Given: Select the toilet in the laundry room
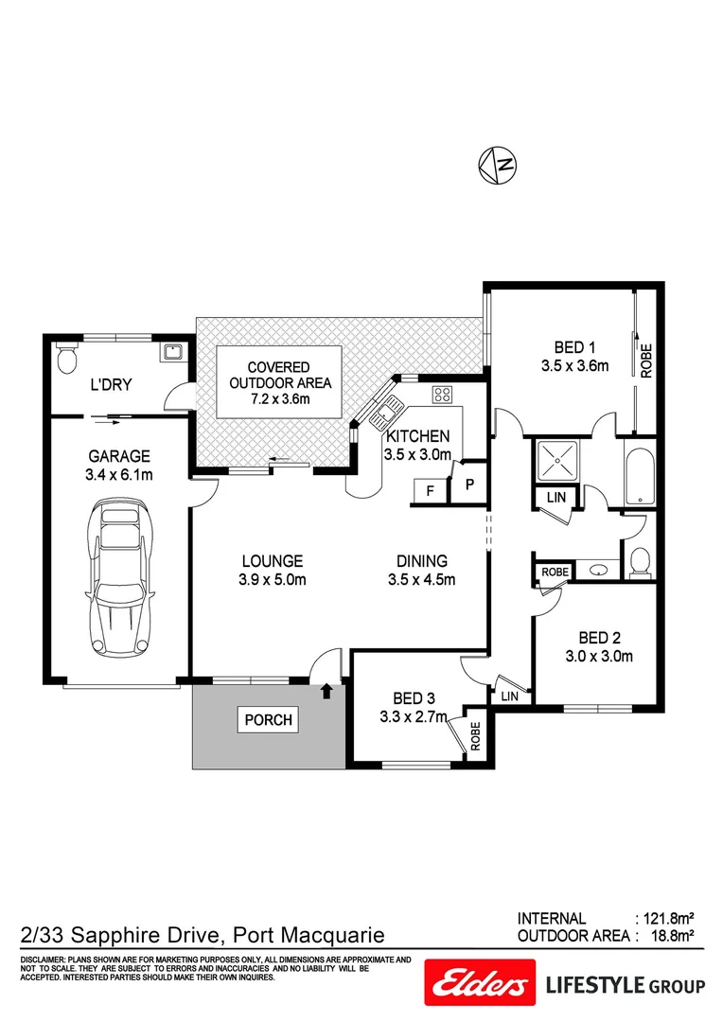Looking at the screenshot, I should [x=66, y=359].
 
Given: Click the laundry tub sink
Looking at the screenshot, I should [x=171, y=353].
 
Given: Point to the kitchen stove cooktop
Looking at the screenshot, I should [x=442, y=394].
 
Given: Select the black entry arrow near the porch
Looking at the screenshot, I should [x=326, y=691].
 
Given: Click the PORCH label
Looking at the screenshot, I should [x=269, y=719].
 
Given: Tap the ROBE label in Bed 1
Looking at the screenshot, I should [x=647, y=361].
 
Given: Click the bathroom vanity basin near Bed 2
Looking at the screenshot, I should [x=598, y=571].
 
